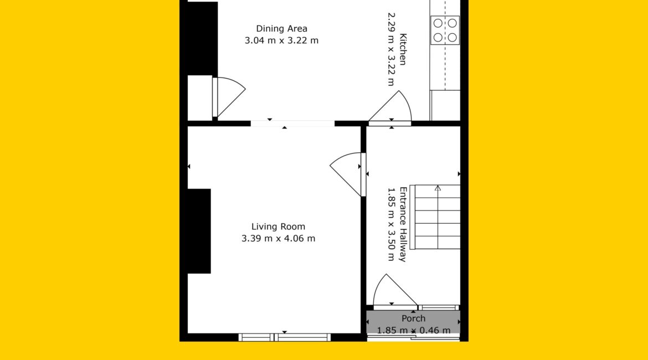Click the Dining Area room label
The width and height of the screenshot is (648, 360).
[x=281, y=28]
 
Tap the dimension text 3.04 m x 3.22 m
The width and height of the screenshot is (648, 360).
[x=281, y=40]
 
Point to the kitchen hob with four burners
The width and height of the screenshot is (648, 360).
[x=445, y=30]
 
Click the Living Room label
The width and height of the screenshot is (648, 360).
[x=278, y=227]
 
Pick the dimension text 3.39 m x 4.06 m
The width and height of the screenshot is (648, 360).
[x=278, y=239]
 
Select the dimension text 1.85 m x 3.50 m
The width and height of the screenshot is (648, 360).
[x=391, y=224]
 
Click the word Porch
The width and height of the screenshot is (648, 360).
[x=413, y=318]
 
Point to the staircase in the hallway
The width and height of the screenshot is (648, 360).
[x=435, y=217]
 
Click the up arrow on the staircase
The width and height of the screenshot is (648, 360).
[x=438, y=188]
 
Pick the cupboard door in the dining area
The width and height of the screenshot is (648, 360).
[x=229, y=97]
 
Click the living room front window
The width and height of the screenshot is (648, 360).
[x=285, y=337]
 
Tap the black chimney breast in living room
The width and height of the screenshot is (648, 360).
[x=199, y=231]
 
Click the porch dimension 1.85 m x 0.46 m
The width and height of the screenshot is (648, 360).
[x=413, y=330]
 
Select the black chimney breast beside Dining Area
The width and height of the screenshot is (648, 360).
[x=203, y=38]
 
